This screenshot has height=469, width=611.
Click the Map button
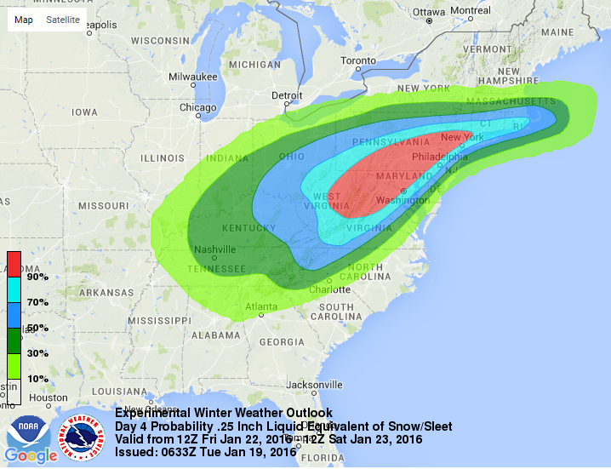25,20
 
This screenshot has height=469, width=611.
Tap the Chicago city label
197,107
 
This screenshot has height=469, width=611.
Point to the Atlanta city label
261,306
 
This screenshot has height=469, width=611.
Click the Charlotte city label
330,289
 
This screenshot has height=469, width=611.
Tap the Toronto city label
358,61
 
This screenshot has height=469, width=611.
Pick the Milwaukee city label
192,77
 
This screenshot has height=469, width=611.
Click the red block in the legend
14,265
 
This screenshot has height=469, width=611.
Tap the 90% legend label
37,277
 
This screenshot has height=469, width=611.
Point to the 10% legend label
37,378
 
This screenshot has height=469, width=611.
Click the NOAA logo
23,432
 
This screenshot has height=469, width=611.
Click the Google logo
31,456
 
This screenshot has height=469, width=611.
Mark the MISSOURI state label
102,206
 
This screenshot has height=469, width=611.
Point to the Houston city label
47,398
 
